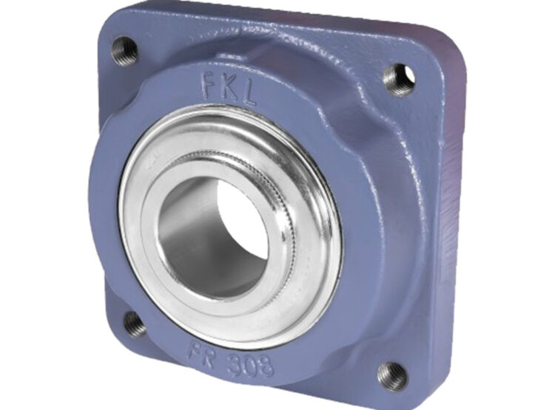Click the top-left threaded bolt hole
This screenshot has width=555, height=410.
pos(124,50)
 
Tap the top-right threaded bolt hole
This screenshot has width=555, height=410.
pos(400,78)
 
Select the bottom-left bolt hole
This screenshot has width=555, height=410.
pos(135,323)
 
